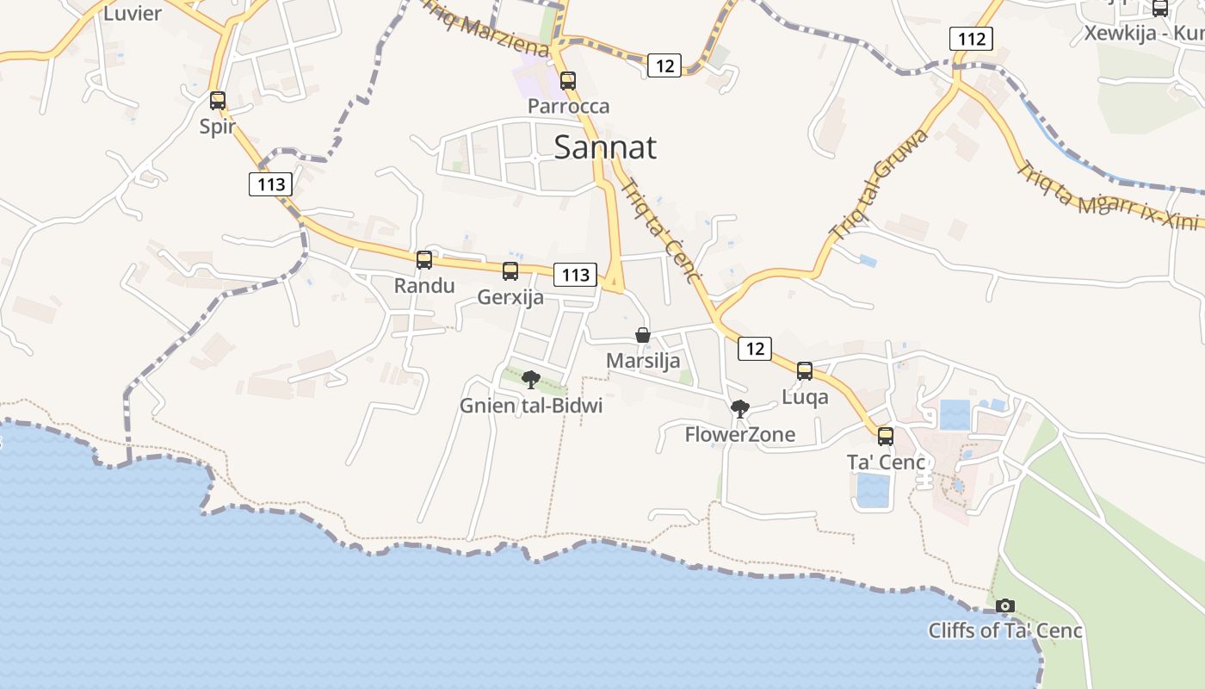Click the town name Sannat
604,147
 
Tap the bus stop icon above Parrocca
568,82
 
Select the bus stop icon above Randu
424,260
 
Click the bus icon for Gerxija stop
510,271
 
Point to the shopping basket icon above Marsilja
643,335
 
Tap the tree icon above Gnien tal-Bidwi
531,380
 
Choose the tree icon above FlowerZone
739,409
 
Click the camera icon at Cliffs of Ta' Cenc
1005,606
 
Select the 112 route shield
971,39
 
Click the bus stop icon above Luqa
805,371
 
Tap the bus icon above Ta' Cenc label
886,437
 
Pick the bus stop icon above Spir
218,101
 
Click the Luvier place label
132,13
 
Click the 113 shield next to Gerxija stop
575,275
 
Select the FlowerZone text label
739,435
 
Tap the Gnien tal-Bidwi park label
531,406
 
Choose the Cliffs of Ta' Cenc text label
1005,630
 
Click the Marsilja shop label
643,361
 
